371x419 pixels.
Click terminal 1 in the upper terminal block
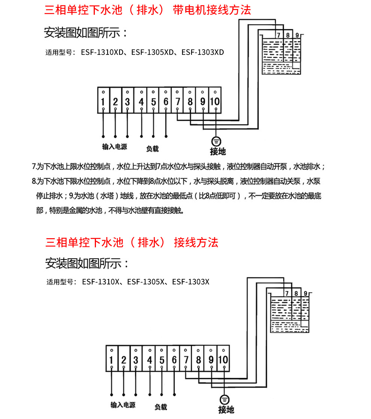(x=103, y=101)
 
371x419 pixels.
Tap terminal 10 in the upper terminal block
(x=215, y=101)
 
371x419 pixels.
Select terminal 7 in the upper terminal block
(x=178, y=101)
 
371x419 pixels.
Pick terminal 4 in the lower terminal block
(x=150, y=360)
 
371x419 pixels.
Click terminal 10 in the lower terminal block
(x=223, y=360)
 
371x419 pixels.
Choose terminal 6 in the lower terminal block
(x=174, y=360)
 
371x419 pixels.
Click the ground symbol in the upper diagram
(x=216, y=141)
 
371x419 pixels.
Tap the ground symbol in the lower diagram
(x=224, y=400)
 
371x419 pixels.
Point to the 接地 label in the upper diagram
(x=218, y=151)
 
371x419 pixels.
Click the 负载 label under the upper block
(x=152, y=149)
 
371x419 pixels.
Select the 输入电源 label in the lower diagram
(x=123, y=405)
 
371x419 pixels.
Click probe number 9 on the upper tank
(x=297, y=36)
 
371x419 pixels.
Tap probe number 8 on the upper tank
(x=288, y=36)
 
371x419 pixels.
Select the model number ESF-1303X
(x=191, y=281)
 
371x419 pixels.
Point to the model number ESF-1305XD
(x=152, y=52)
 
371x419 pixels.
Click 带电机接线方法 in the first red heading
(x=212, y=10)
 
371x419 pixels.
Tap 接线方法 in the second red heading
(x=196, y=242)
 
